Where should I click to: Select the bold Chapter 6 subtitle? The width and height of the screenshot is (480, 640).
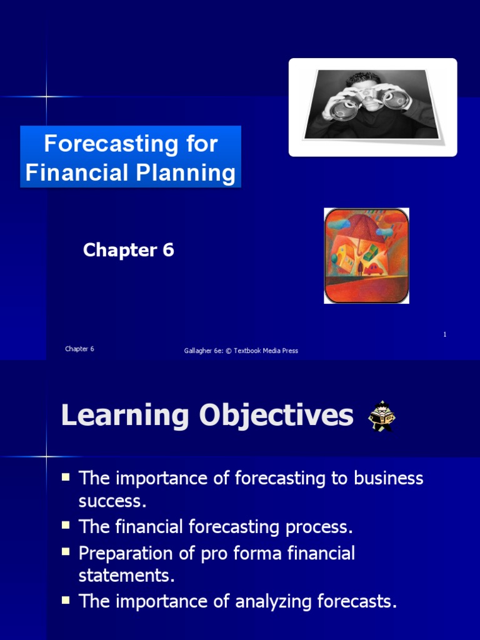[x=128, y=250]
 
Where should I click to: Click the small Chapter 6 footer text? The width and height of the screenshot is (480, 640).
[x=79, y=349]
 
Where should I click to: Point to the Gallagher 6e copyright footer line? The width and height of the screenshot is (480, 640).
[x=241, y=351]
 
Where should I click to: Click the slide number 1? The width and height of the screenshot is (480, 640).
[x=444, y=335]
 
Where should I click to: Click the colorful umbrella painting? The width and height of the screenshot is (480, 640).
[x=366, y=256]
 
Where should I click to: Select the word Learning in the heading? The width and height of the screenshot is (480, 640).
[x=125, y=416]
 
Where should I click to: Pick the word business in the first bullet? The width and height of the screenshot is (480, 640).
[x=389, y=479]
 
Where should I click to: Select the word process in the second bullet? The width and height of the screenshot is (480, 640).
[x=319, y=527]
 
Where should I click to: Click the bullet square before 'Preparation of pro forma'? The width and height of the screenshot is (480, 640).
[x=66, y=551]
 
